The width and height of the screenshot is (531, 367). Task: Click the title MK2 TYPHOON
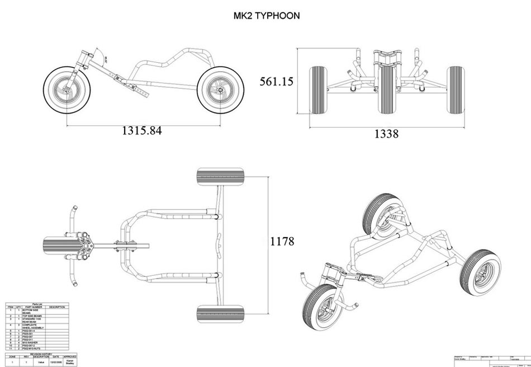(266, 16)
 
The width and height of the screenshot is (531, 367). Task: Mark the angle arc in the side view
(105, 56)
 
